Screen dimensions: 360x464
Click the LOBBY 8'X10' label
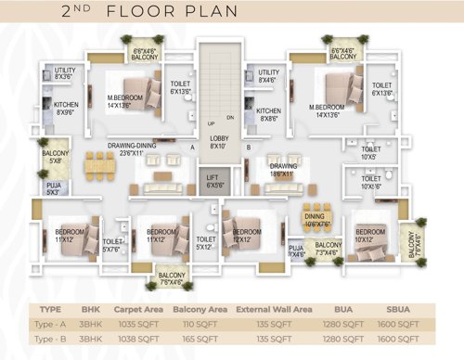218,142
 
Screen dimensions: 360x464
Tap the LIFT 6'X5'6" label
213,183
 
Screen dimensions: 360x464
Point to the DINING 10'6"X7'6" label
316,219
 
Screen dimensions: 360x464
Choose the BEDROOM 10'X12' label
369,235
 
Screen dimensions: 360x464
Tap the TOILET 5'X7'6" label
113,245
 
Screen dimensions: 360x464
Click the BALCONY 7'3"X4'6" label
326,249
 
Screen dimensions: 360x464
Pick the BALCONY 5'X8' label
55,158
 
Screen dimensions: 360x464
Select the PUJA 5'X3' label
54,190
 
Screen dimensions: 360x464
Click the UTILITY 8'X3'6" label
65,73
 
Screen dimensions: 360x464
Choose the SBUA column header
396,310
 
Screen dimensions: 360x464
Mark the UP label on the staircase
213,123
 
